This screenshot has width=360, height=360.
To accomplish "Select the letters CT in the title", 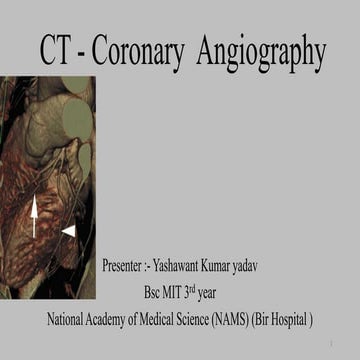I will coord(59,52).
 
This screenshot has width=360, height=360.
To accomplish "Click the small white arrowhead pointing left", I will coord(68,232).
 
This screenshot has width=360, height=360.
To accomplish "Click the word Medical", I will coord(167,321).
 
